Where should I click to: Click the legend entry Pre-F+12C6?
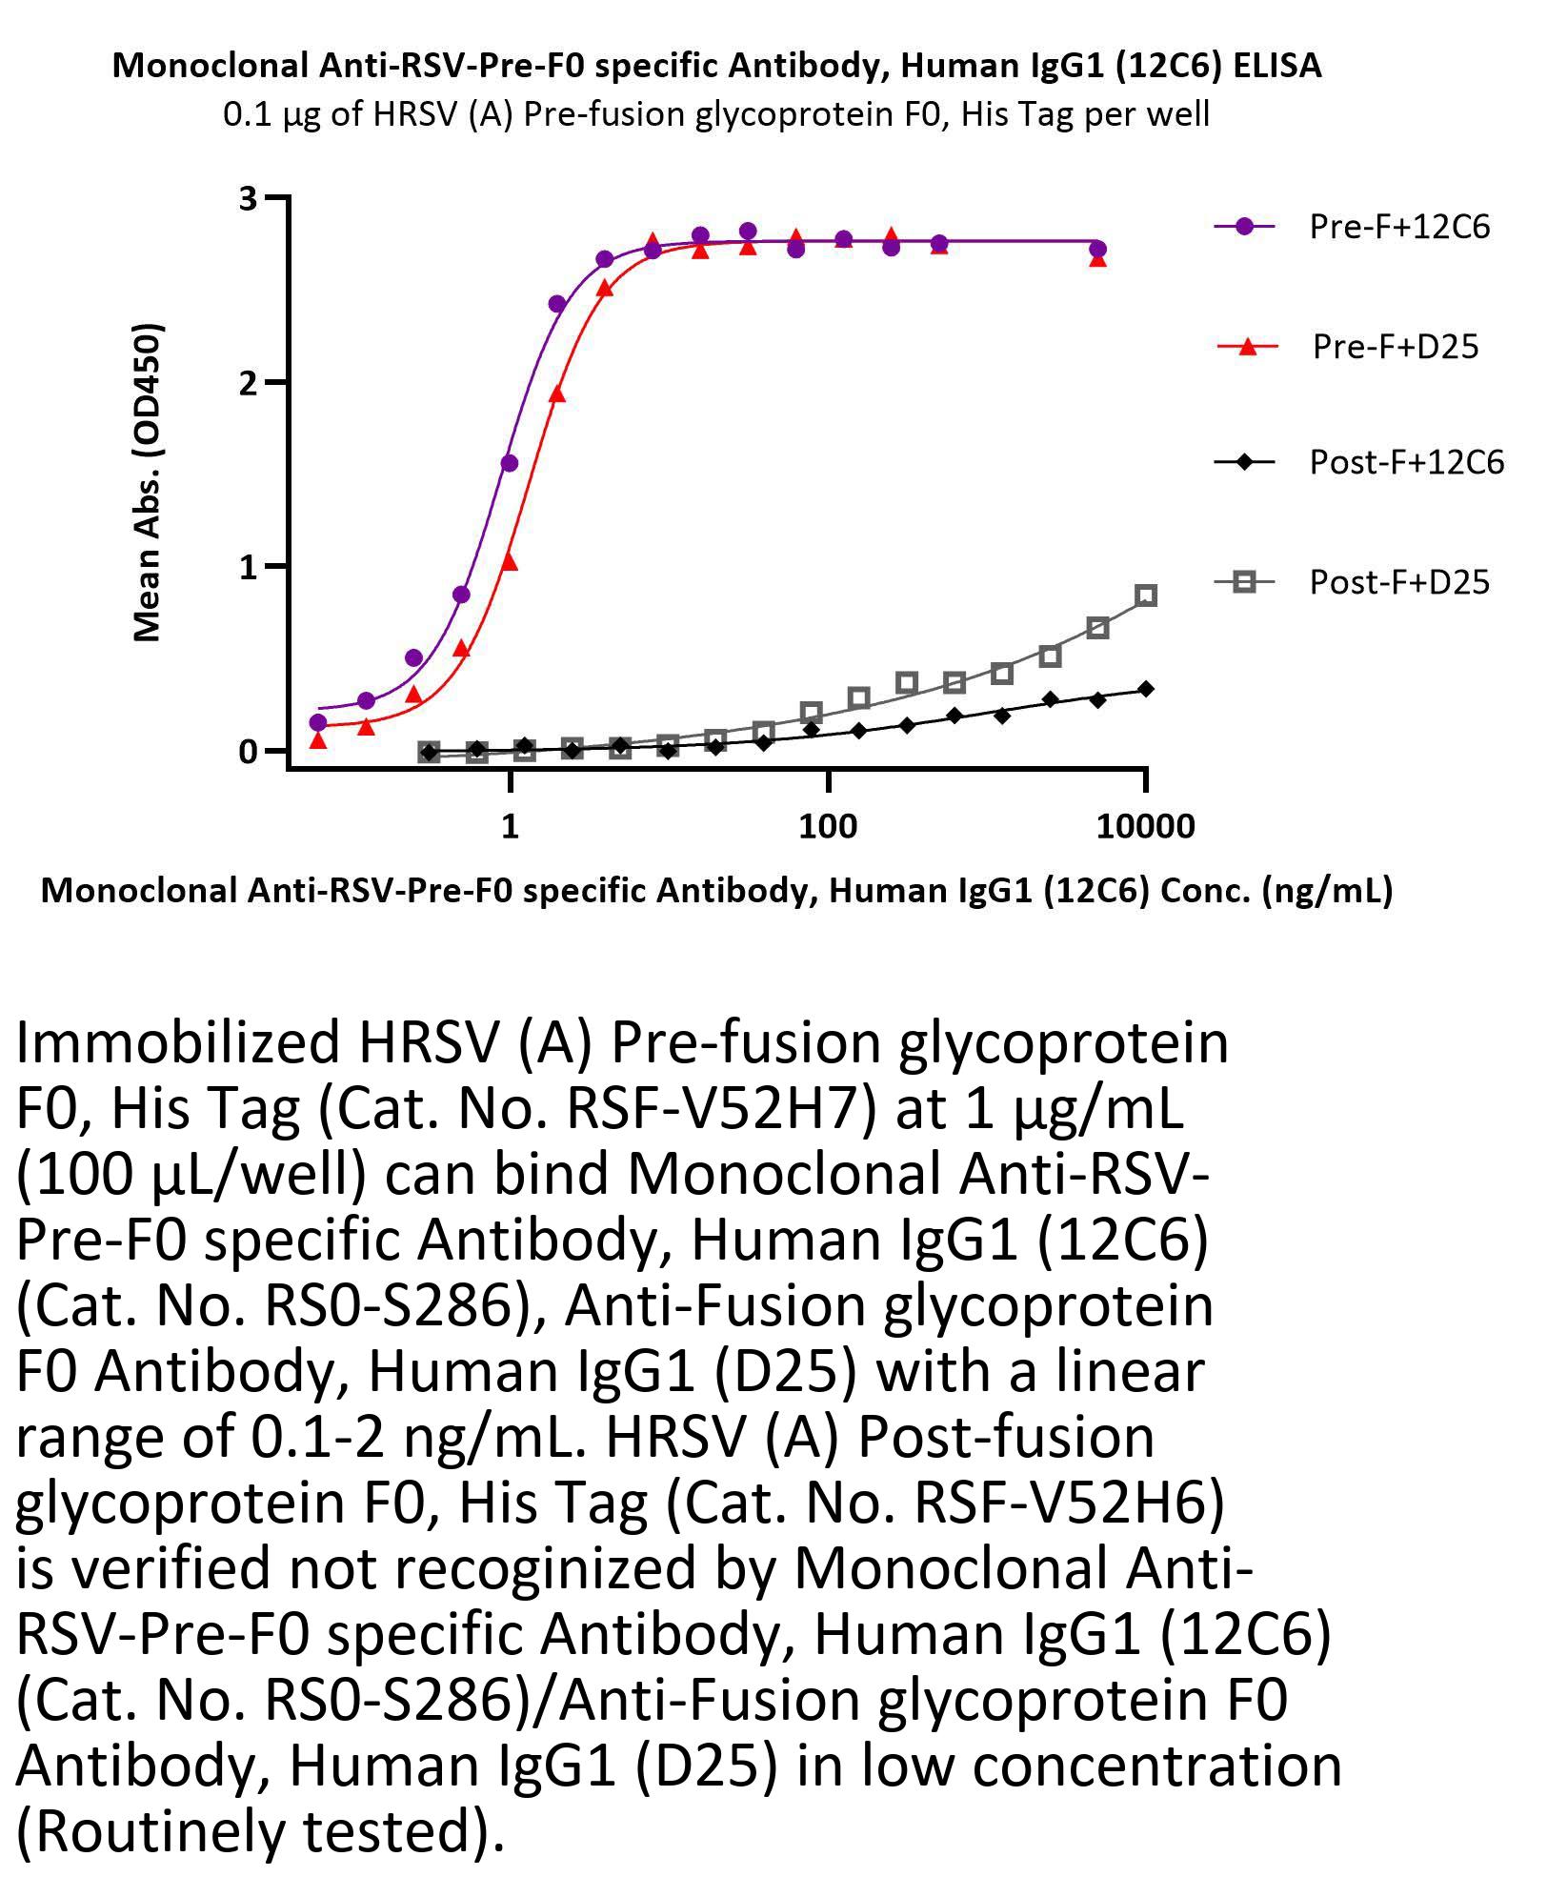(x=1398, y=227)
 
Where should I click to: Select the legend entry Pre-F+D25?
(x=1395, y=346)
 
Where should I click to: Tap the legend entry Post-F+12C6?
(x=1406, y=462)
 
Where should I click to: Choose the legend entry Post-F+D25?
(x=1398, y=581)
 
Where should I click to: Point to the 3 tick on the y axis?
(x=249, y=198)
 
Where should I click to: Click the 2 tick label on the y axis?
(x=249, y=383)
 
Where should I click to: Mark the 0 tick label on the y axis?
(x=249, y=752)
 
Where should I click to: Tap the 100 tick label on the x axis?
(x=828, y=826)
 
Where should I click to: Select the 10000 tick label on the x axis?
(x=1145, y=826)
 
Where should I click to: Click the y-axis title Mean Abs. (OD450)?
(x=148, y=483)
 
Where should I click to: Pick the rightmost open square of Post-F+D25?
(x=1146, y=595)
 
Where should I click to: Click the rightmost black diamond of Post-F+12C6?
(x=1146, y=689)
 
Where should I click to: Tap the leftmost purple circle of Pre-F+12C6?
(x=318, y=722)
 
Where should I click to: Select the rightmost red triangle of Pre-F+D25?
(x=1097, y=258)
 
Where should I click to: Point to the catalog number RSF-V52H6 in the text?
(x=1057, y=1503)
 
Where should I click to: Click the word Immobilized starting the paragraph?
(x=178, y=1042)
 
